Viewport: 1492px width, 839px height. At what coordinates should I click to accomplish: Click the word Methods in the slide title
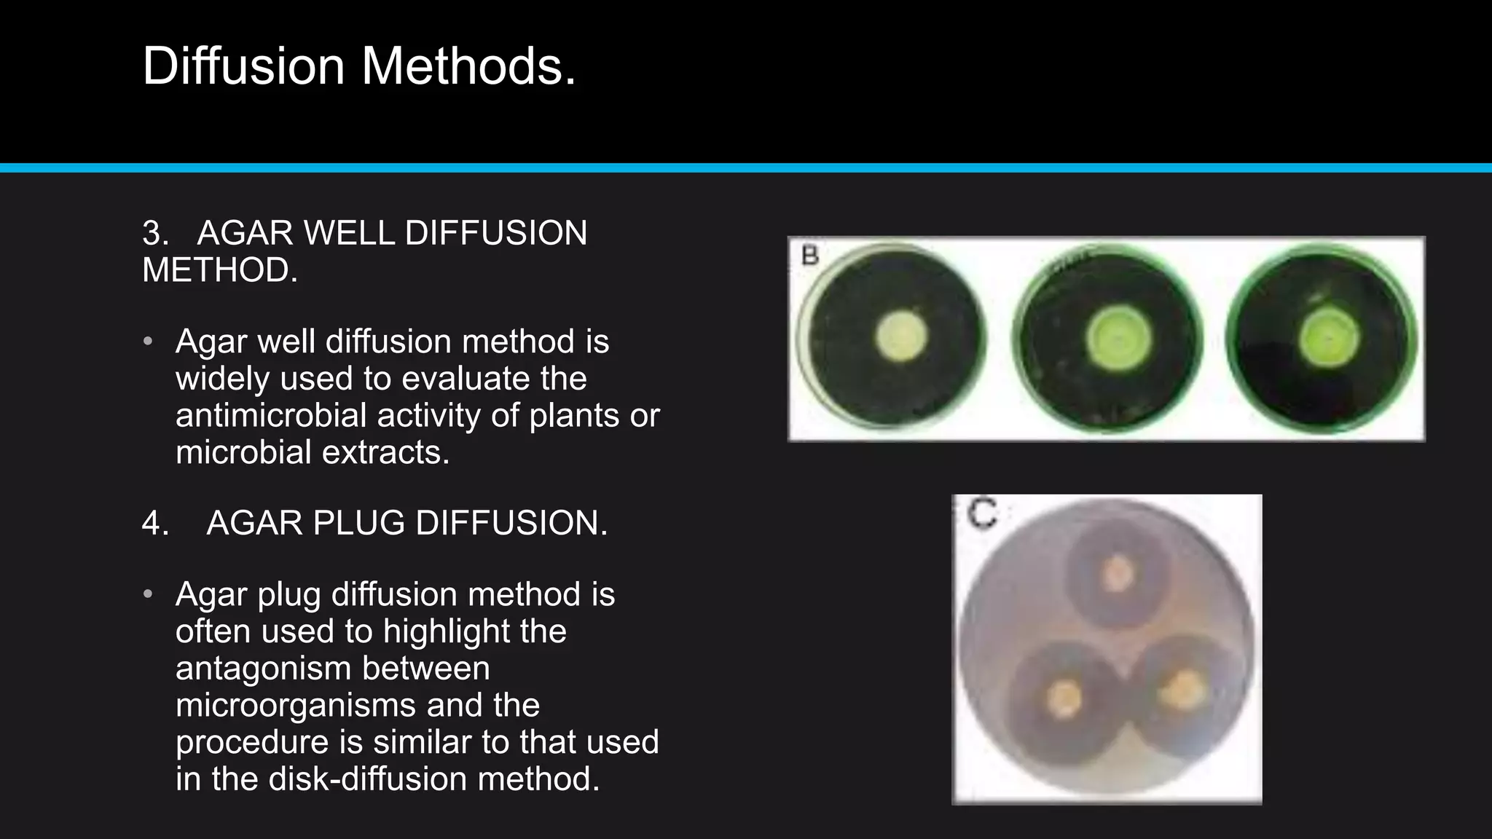468,66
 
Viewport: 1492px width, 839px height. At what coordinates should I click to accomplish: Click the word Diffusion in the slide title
243,66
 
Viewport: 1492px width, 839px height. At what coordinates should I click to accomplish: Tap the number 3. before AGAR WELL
155,233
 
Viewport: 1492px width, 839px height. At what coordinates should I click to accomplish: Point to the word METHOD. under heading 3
220,270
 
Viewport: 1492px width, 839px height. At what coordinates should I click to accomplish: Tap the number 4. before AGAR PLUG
155,523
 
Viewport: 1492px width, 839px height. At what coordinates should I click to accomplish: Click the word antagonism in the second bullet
332,669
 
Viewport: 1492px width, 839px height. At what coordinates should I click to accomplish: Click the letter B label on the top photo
810,256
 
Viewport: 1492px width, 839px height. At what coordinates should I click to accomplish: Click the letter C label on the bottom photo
982,514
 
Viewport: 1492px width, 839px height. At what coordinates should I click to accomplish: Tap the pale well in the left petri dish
901,337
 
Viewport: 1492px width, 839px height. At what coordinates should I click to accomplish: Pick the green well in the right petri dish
1330,339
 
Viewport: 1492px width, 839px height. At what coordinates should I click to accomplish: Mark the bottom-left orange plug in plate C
1064,697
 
